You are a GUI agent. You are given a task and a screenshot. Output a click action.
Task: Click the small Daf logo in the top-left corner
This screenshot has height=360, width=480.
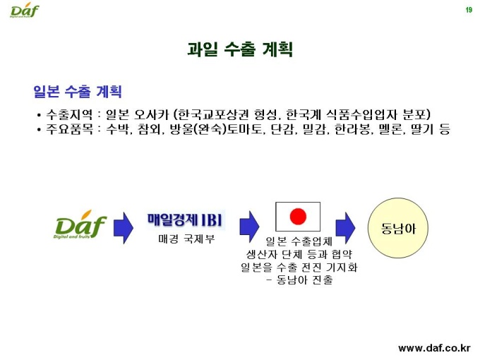point(25,10)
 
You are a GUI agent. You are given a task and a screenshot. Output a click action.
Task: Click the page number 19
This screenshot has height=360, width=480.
point(469,10)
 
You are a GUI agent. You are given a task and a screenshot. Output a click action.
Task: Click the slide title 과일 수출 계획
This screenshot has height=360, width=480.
point(240,49)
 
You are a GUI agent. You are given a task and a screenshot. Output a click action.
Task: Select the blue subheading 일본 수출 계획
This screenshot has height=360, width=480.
point(78,91)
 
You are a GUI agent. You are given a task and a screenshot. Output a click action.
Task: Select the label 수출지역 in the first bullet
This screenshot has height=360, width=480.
point(69,114)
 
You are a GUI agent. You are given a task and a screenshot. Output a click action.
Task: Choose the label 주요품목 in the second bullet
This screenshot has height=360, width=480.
point(69,129)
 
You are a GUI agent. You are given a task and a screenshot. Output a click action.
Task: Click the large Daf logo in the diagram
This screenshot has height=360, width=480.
point(80,224)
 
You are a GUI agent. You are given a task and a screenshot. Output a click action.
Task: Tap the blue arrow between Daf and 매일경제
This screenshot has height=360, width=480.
point(123,228)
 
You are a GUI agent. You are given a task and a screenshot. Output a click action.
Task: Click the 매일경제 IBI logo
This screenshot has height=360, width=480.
point(186,220)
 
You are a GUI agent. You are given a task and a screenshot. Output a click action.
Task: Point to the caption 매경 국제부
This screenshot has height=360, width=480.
point(186,239)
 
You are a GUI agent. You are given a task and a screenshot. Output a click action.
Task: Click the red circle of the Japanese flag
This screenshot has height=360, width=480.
point(298,217)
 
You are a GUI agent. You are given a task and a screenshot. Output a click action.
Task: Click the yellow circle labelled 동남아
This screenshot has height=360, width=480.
point(398,228)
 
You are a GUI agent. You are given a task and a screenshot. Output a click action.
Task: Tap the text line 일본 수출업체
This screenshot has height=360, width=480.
point(299,241)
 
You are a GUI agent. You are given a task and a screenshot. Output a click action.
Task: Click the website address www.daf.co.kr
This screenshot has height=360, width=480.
point(434,348)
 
